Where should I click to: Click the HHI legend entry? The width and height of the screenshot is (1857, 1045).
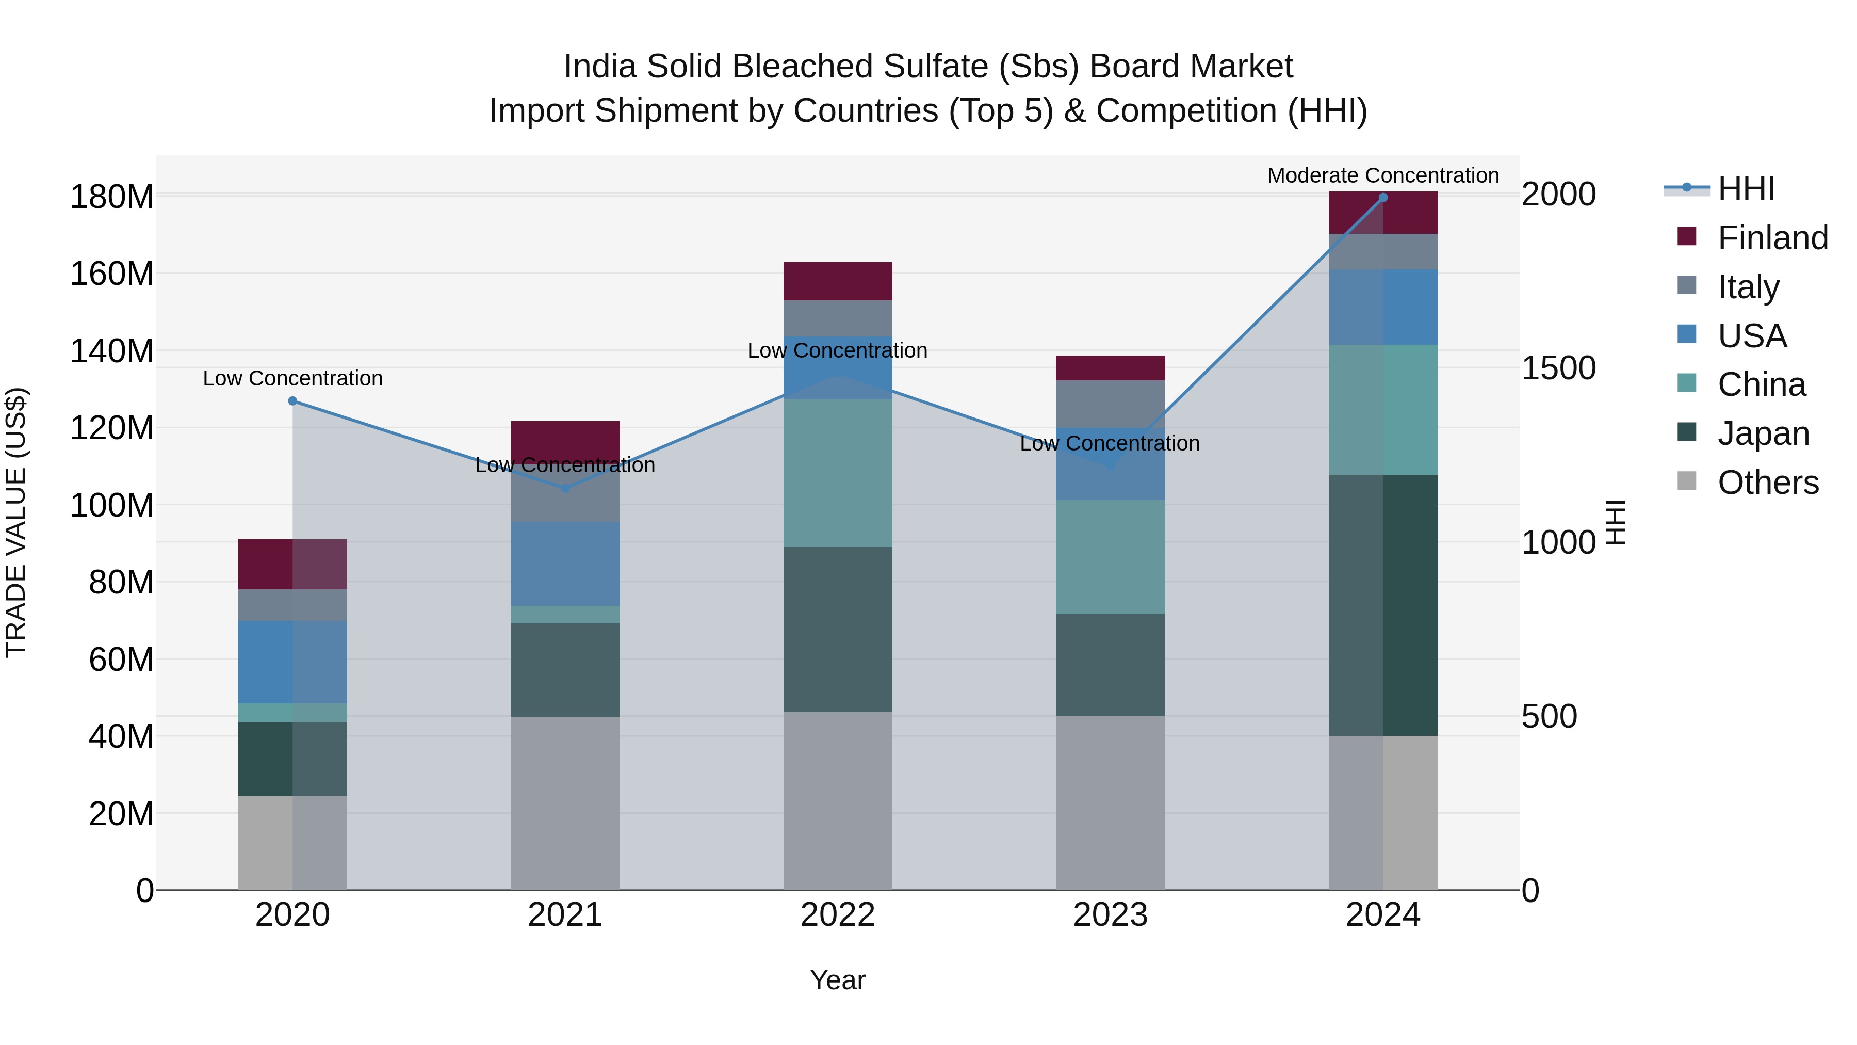pos(1745,189)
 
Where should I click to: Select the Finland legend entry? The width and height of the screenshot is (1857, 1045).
pos(1772,237)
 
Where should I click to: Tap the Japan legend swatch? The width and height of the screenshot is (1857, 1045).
pos(1687,433)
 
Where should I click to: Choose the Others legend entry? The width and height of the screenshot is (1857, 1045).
pos(1768,482)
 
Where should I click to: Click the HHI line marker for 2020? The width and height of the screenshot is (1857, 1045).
pos(292,401)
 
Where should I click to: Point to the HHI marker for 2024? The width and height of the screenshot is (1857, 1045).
pos(1382,198)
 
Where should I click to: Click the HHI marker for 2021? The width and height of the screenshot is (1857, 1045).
pos(565,488)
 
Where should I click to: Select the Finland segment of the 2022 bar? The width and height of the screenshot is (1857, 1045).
pos(838,281)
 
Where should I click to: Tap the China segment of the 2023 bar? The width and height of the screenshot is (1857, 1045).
pos(1110,557)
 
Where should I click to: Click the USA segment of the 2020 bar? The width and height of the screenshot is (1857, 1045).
pos(292,662)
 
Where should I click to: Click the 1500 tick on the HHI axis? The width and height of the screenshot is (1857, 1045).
pos(1558,368)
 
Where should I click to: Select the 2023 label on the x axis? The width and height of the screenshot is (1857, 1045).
pos(1110,914)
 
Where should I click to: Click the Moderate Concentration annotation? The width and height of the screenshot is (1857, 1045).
pos(1382,175)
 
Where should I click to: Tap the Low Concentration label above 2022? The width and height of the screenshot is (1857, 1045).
pos(838,350)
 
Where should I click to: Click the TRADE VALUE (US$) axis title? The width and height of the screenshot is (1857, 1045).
pos(16,522)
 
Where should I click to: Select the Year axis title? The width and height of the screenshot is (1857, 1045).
pos(838,980)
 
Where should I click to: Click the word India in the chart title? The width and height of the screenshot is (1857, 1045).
pos(600,67)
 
